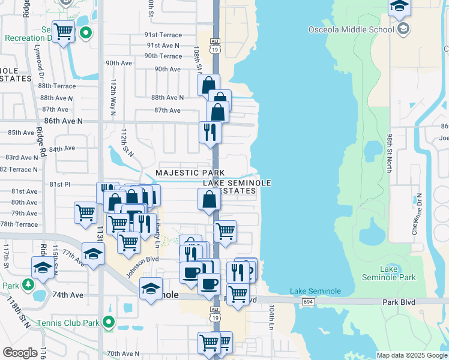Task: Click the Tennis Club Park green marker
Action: tap(109, 323)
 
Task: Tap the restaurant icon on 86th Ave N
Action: tap(209, 133)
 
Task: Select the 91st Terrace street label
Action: tap(163, 35)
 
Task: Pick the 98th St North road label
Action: tap(390, 153)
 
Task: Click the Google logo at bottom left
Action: tap(20, 353)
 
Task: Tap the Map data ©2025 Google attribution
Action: tap(411, 355)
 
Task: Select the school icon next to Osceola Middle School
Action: tap(403, 28)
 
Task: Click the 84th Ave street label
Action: tap(62, 148)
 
